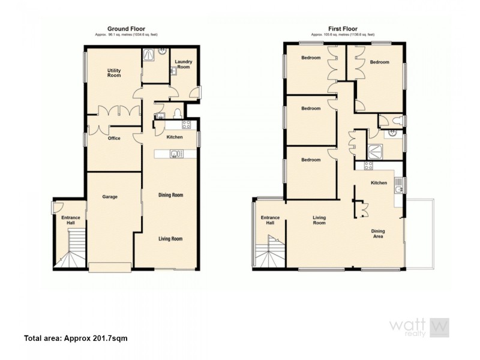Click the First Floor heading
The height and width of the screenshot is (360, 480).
[x=339, y=28]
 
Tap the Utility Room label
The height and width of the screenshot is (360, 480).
[x=114, y=73]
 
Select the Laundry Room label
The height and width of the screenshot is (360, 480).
[x=183, y=65]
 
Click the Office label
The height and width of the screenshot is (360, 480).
[x=114, y=139]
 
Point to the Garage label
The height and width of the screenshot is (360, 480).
[x=109, y=197]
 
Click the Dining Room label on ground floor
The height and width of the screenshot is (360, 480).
[x=170, y=195]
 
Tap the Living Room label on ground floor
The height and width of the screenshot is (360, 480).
[x=170, y=238]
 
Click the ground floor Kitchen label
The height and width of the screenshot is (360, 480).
[x=175, y=137]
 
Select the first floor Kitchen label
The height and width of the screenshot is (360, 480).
[x=378, y=183]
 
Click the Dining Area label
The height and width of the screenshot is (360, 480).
[x=378, y=234]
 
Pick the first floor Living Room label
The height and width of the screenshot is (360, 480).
[x=319, y=220]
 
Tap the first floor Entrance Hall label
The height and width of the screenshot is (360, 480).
[x=269, y=220]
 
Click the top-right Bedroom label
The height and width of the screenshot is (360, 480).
[x=380, y=62]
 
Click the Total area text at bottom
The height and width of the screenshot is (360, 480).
[x=76, y=338]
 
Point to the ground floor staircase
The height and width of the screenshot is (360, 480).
[x=71, y=252]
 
